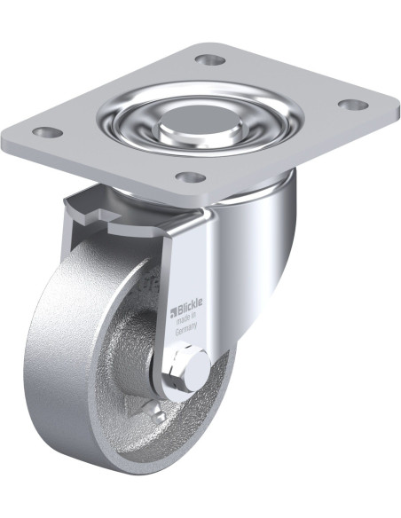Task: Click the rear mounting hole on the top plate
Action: point(210,59)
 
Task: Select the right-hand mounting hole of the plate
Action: point(353,104)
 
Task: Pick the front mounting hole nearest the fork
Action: point(191,177)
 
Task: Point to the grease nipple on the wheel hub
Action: point(155,412)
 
